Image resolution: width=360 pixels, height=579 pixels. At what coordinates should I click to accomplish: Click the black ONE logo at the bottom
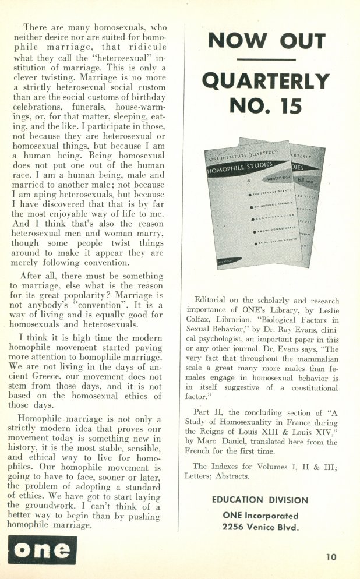point(42,550)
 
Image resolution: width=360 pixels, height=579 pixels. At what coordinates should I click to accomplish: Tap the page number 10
point(331,557)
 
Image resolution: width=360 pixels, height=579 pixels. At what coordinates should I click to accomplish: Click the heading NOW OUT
point(266,41)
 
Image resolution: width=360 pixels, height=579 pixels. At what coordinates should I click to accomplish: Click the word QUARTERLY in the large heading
point(266,81)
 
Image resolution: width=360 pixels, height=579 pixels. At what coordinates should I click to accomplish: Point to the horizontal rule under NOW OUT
point(266,59)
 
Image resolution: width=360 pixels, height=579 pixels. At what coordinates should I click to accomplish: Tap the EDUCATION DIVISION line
point(260,500)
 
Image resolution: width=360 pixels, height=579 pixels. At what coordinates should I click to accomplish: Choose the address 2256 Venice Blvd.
point(260,527)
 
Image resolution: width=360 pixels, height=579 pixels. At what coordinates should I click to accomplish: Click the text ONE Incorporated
point(260,516)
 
